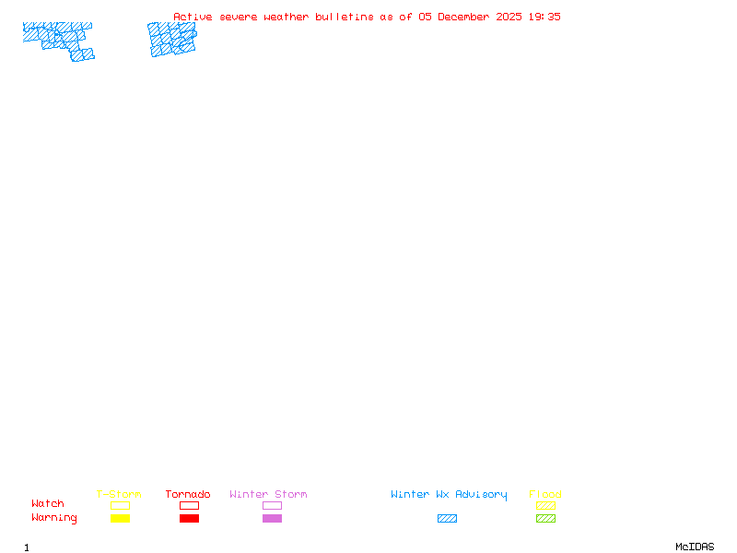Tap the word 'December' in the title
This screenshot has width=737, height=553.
point(466,17)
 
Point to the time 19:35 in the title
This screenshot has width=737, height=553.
point(544,17)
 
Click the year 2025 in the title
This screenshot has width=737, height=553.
point(509,17)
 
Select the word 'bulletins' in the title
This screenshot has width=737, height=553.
point(345,17)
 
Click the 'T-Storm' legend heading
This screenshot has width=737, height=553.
point(119,495)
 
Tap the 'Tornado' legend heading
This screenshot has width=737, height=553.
point(188,495)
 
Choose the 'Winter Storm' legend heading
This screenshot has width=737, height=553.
point(268,495)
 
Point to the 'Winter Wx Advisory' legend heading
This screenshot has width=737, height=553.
point(449,495)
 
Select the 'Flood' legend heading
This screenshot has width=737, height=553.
point(545,495)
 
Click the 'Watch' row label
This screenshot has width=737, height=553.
point(48,504)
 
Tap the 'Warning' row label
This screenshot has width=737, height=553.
point(54,518)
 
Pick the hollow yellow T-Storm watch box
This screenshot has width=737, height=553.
point(120,505)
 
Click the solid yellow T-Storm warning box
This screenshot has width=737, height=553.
point(120,519)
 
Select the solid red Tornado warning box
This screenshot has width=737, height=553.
point(189,519)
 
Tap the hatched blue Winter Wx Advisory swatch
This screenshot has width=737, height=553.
point(447,519)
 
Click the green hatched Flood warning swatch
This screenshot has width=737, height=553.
point(545,519)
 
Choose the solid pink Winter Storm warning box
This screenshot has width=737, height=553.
point(272,519)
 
